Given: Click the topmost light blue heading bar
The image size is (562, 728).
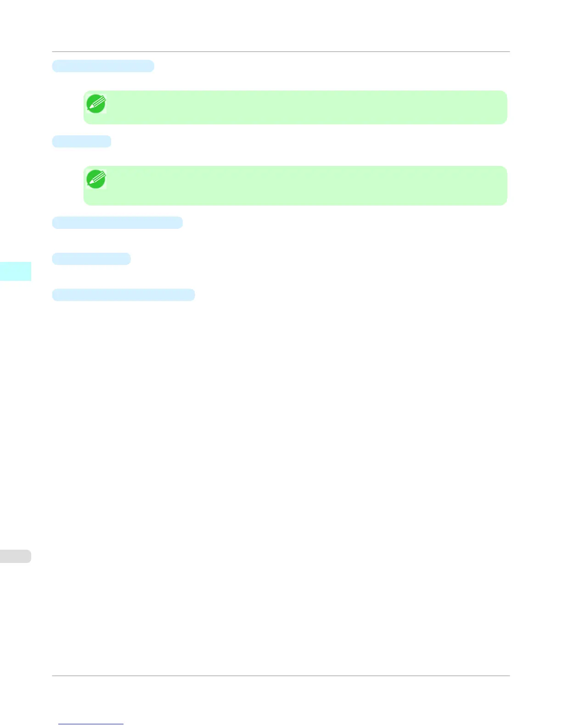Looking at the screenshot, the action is [x=103, y=66].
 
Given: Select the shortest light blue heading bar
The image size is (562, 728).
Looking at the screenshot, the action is [x=82, y=141].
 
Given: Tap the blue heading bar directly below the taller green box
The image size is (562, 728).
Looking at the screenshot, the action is [x=117, y=222].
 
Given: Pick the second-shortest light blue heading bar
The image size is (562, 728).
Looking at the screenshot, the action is [x=91, y=259].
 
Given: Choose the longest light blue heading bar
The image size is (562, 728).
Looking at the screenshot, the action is [x=123, y=295].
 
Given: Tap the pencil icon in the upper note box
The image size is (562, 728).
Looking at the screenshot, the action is [x=96, y=104].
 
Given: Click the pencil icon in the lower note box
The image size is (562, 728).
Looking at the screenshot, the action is [x=96, y=179].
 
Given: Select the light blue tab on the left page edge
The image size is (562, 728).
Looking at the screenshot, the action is [x=15, y=271].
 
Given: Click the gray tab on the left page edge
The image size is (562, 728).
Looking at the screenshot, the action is [x=15, y=556].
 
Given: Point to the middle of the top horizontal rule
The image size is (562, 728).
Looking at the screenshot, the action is [x=281, y=52].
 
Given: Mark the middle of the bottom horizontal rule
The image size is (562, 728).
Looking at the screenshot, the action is [x=281, y=676].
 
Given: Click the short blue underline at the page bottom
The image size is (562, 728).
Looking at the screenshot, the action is [x=91, y=724].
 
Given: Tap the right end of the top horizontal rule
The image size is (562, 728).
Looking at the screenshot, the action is [x=509, y=52].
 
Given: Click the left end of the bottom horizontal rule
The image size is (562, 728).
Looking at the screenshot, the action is [x=53, y=676].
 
